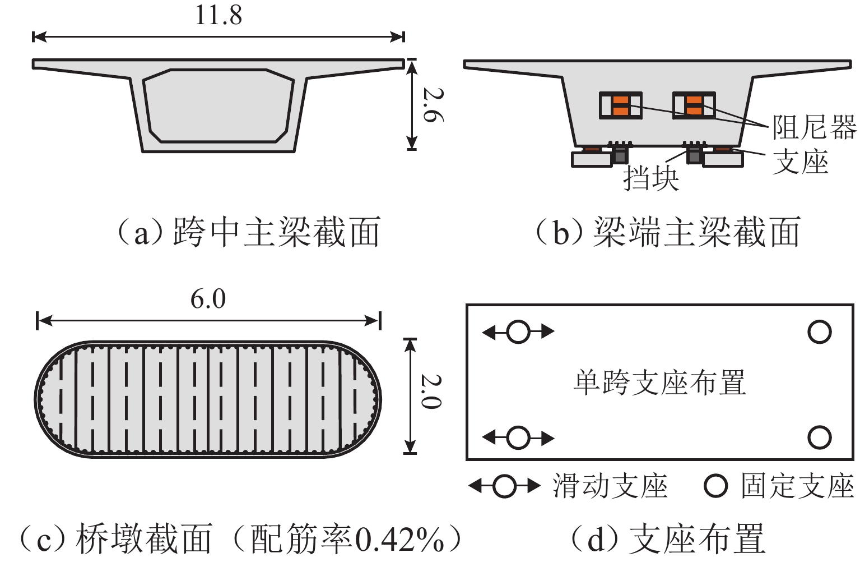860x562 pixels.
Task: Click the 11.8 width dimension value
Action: click(x=219, y=15)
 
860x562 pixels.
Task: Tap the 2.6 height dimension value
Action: click(x=433, y=104)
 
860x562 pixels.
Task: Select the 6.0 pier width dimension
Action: click(x=208, y=299)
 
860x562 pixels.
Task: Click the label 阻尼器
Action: click(x=814, y=128)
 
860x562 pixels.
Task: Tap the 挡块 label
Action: click(x=651, y=178)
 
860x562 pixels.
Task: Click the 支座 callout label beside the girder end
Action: click(x=801, y=163)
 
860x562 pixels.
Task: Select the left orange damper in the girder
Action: click(x=621, y=105)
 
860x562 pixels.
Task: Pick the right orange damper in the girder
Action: click(x=694, y=105)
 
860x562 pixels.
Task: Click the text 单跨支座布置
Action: click(x=659, y=383)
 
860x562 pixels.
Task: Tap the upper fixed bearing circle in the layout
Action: click(x=819, y=332)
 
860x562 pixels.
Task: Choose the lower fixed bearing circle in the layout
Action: click(x=819, y=437)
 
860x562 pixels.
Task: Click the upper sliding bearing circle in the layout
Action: click(x=518, y=332)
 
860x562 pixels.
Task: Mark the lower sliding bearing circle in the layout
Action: click(x=518, y=437)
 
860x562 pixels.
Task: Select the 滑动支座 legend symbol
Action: click(x=504, y=486)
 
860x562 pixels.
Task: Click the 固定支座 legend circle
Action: click(x=715, y=486)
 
